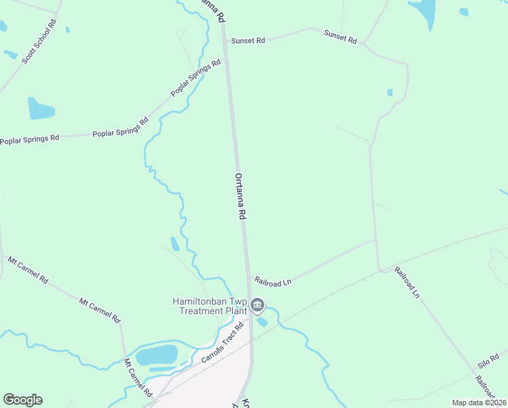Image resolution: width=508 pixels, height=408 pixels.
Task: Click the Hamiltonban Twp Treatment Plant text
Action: [209, 306]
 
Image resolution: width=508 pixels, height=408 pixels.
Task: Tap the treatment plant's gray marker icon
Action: [257, 305]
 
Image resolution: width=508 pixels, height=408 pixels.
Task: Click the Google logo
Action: [22, 400]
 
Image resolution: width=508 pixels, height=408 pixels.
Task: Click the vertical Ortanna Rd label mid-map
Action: [240, 195]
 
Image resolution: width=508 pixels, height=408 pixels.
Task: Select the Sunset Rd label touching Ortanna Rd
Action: [247, 41]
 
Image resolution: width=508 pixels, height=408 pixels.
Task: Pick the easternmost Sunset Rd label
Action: [340, 36]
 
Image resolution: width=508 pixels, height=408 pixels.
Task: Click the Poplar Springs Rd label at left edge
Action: [29, 139]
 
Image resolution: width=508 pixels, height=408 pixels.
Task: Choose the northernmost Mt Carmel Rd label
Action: [28, 269]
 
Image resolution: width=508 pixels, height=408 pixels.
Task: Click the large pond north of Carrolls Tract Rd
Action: [157, 355]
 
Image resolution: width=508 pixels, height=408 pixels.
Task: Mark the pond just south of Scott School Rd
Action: [40, 108]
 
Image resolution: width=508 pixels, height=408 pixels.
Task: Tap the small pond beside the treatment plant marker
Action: [262, 321]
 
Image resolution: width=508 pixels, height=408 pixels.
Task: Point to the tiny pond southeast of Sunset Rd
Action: [390, 92]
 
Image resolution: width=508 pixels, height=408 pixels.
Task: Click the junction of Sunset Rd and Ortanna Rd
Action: [225, 40]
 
